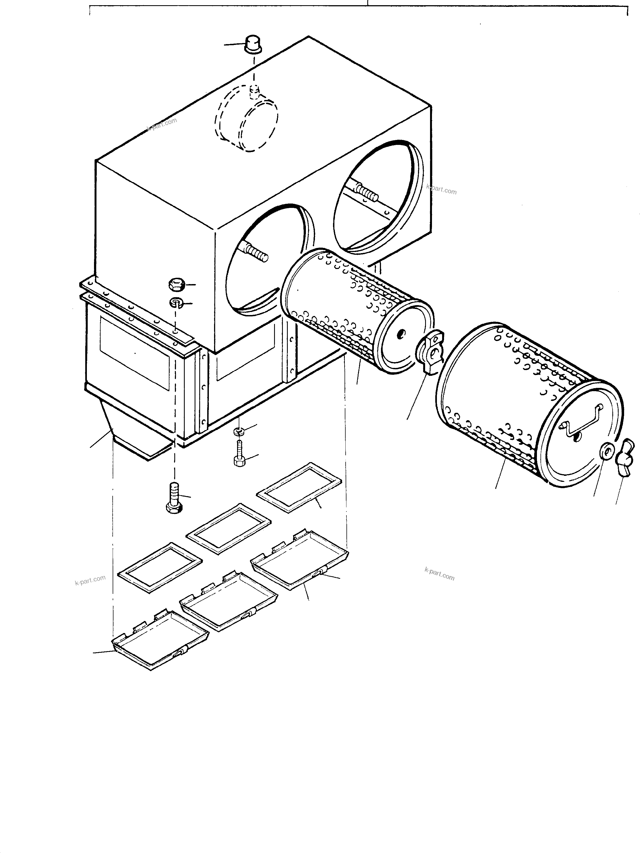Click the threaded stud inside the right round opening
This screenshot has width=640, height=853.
coord(366,192)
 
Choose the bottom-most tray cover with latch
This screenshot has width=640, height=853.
coord(160,640)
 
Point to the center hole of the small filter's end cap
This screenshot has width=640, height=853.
coord(402,334)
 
